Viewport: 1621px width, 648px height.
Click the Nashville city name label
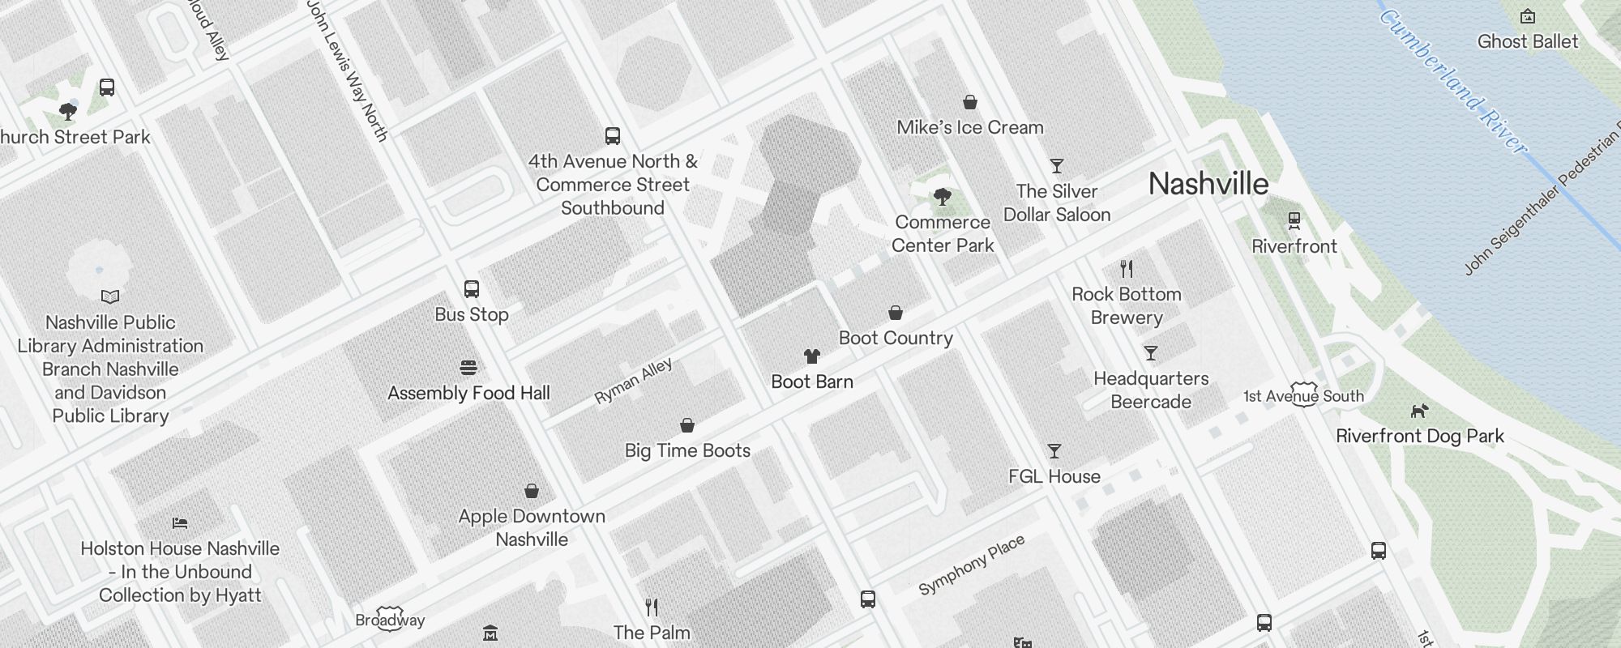click(x=1208, y=184)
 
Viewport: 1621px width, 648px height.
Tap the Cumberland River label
click(x=1452, y=81)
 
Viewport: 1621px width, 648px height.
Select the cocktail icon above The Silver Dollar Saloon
click(x=1057, y=166)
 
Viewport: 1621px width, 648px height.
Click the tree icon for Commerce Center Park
click(x=942, y=196)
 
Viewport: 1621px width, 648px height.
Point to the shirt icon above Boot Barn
click(x=812, y=356)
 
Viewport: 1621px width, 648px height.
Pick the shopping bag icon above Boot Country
click(x=896, y=313)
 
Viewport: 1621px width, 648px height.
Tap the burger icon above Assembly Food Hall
click(x=468, y=368)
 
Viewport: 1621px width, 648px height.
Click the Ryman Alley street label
click(x=633, y=381)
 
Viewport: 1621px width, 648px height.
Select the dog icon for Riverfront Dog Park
click(x=1419, y=411)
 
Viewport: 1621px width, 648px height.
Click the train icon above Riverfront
click(x=1294, y=220)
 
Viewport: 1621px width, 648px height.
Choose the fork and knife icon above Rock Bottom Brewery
click(x=1127, y=268)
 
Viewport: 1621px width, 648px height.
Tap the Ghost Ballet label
click(x=1528, y=41)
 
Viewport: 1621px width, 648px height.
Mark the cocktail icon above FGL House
click(x=1054, y=451)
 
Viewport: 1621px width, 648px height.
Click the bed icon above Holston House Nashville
click(x=180, y=523)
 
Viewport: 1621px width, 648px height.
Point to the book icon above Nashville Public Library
click(x=110, y=297)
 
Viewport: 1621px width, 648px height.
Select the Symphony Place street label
click(x=972, y=565)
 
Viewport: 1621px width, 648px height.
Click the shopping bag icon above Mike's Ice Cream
click(x=970, y=102)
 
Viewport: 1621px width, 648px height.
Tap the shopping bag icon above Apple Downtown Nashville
click(x=532, y=491)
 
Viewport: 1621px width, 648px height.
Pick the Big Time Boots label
click(x=687, y=450)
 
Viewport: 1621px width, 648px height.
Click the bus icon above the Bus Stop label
click(x=472, y=289)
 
